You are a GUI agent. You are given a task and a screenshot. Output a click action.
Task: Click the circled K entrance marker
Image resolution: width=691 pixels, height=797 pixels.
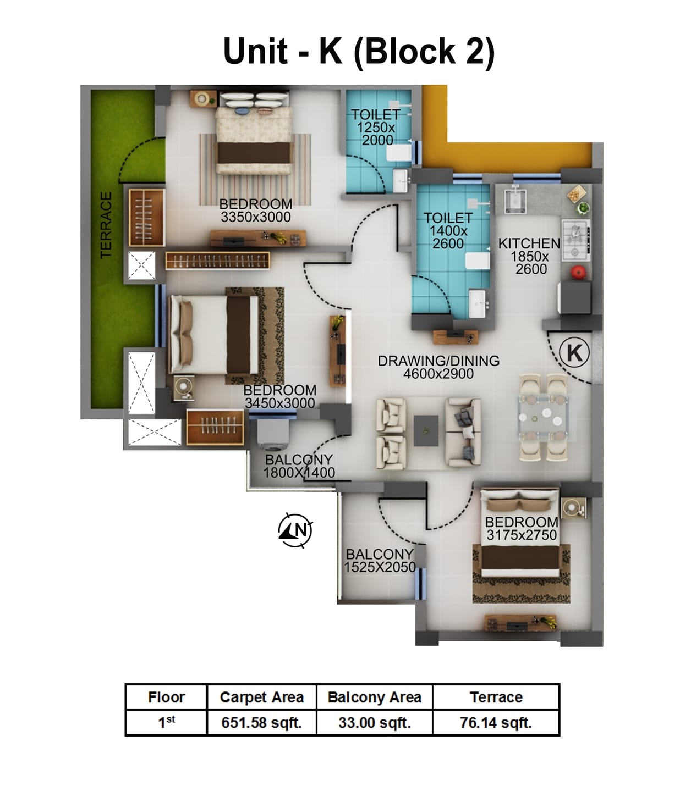pyautogui.click(x=574, y=352)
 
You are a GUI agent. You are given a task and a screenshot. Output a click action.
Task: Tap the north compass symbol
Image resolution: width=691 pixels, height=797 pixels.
pyautogui.click(x=295, y=530)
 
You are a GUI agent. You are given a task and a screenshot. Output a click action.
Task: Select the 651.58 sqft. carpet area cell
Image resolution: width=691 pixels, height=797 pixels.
pyautogui.click(x=261, y=722)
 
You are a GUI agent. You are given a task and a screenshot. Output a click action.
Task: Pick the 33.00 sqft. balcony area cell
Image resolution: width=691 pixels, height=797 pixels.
pyautogui.click(x=375, y=722)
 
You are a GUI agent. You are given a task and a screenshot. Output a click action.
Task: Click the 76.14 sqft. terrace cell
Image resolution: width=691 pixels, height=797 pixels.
pyautogui.click(x=496, y=722)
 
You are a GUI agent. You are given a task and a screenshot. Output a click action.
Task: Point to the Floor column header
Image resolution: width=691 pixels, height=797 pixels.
pyautogui.click(x=166, y=698)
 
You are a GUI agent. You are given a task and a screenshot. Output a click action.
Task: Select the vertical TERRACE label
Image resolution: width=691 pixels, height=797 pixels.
pyautogui.click(x=106, y=225)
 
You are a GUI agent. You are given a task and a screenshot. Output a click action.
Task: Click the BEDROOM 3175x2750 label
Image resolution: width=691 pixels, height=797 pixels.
pyautogui.click(x=521, y=528)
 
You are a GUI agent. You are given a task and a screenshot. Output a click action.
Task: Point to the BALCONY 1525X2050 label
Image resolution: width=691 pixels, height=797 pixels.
pyautogui.click(x=380, y=561)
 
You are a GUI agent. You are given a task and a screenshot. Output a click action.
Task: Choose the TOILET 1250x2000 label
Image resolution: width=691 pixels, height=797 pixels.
pyautogui.click(x=376, y=127)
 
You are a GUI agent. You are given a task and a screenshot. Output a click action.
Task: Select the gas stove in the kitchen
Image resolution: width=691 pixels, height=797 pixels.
pyautogui.click(x=575, y=240)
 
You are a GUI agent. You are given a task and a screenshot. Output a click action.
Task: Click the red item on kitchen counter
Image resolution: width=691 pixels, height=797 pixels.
pyautogui.click(x=576, y=273)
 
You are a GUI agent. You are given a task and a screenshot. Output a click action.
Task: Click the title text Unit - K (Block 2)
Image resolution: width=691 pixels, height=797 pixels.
pyautogui.click(x=359, y=52)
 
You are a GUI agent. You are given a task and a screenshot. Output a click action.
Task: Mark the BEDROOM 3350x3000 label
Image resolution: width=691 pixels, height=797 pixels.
pyautogui.click(x=256, y=210)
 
